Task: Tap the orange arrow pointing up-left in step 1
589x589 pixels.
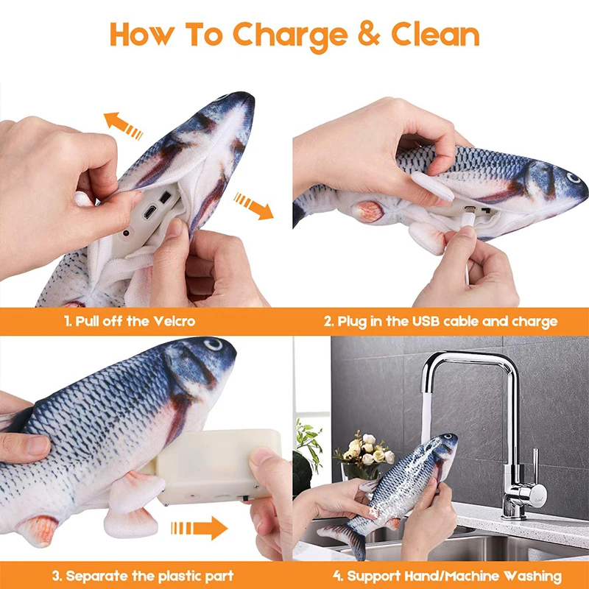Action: click(122, 124)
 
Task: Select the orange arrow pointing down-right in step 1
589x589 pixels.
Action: click(253, 205)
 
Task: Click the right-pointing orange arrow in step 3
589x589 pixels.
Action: click(198, 527)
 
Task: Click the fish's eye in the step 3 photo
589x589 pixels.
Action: click(213, 345)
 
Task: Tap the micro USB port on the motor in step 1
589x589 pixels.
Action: click(149, 212)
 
